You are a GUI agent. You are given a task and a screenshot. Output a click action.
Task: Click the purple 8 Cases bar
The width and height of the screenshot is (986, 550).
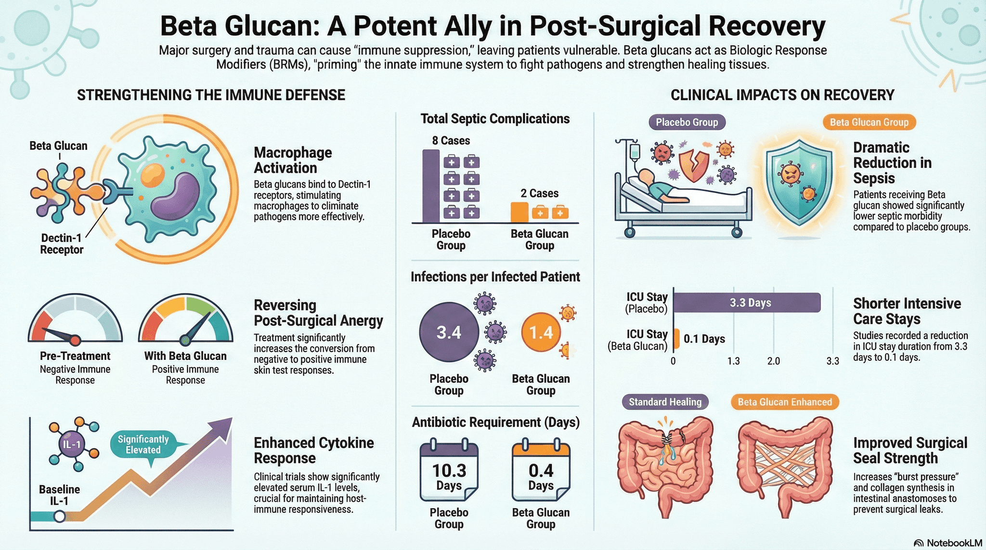(431, 186)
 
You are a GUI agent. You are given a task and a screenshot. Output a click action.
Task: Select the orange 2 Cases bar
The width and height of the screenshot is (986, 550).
(519, 212)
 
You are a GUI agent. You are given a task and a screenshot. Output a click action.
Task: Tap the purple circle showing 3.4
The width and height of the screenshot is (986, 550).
(449, 332)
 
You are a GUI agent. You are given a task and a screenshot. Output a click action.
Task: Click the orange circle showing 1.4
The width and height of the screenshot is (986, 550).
(541, 332)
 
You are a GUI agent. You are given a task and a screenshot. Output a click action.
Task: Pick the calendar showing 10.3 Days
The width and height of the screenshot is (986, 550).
(449, 472)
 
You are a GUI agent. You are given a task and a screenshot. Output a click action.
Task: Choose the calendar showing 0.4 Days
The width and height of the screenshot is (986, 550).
(541, 472)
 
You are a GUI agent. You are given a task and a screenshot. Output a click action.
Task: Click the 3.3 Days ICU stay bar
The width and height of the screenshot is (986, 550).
(747, 303)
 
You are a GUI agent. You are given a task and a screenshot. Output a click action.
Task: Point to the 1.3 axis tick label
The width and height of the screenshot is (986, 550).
(733, 361)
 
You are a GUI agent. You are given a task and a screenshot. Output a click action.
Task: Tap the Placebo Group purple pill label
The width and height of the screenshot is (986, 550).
(687, 122)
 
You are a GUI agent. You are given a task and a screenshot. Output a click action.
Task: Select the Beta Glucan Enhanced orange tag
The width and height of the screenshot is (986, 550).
(785, 402)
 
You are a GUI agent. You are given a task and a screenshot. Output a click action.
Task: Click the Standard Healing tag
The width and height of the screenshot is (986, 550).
(665, 402)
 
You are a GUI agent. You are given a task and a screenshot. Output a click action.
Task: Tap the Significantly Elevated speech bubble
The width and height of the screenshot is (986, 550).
(143, 445)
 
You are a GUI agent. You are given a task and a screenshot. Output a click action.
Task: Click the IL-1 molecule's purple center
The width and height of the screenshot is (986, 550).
(72, 444)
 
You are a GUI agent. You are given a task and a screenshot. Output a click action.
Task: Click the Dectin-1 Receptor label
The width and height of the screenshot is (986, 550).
(62, 243)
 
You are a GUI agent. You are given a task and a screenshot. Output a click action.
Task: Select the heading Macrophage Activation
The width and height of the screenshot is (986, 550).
(293, 160)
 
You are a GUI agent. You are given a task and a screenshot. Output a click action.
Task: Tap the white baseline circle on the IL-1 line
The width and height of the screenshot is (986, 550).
(59, 516)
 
